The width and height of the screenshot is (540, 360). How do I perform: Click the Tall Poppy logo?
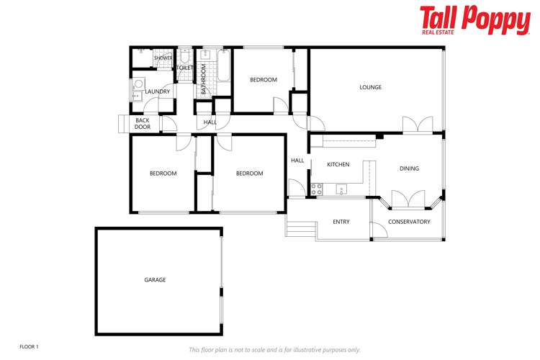click(x=474, y=20)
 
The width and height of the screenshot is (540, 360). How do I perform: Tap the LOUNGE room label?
click(x=371, y=88)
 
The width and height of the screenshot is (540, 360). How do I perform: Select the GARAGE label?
click(x=155, y=279)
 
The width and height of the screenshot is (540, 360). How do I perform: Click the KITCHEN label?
click(x=338, y=165)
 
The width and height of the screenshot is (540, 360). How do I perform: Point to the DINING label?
click(x=409, y=169)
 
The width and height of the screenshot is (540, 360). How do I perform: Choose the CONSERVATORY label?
click(x=409, y=222)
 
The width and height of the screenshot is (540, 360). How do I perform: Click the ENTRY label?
click(x=341, y=222)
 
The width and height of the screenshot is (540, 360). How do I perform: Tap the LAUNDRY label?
click(x=158, y=91)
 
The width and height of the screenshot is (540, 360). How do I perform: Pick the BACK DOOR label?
click(x=143, y=124)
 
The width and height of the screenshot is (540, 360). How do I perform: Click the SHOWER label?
click(x=163, y=58)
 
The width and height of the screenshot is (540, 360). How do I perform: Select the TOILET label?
click(x=185, y=68)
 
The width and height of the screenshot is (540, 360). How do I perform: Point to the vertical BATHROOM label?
click(x=204, y=79)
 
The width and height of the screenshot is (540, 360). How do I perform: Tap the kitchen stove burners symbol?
click(x=315, y=190)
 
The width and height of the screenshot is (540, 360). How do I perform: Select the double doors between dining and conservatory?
click(x=408, y=198)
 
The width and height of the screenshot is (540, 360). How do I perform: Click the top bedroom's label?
click(x=264, y=80)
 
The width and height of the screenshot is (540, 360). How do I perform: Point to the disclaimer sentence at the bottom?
click(x=274, y=350)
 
